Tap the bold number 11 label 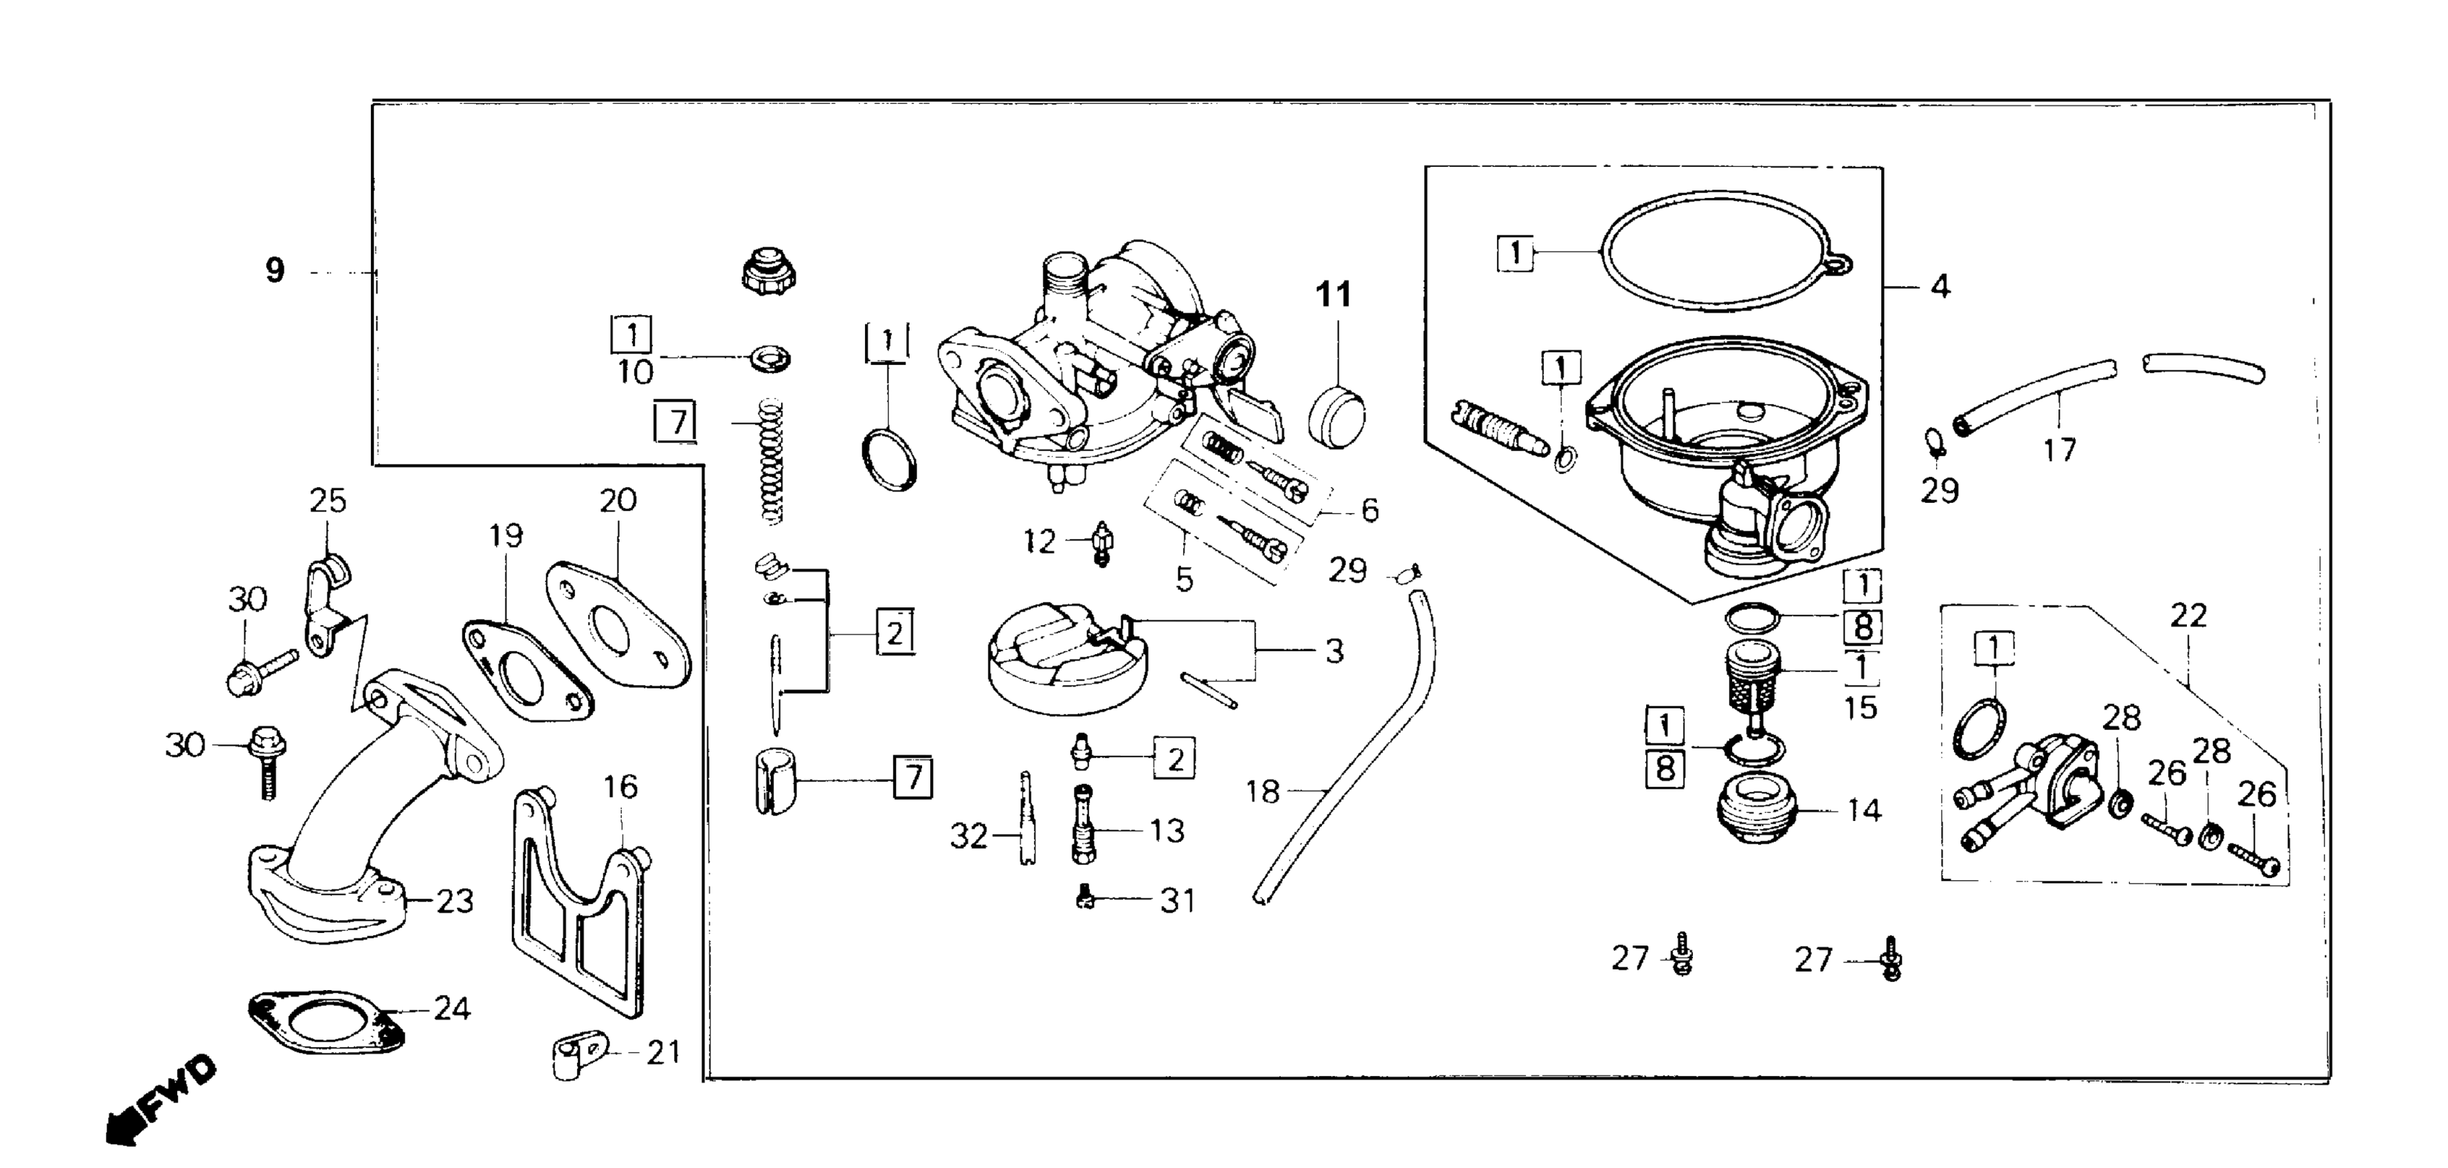(x=1334, y=295)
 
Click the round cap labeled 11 (x=1336, y=419)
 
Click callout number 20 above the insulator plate (x=618, y=500)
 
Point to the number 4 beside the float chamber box (x=1940, y=286)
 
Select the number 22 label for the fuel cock (x=2188, y=616)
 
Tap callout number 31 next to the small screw (x=1178, y=900)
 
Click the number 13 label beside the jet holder (x=1167, y=831)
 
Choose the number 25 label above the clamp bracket (x=328, y=501)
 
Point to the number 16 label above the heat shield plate (x=620, y=787)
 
